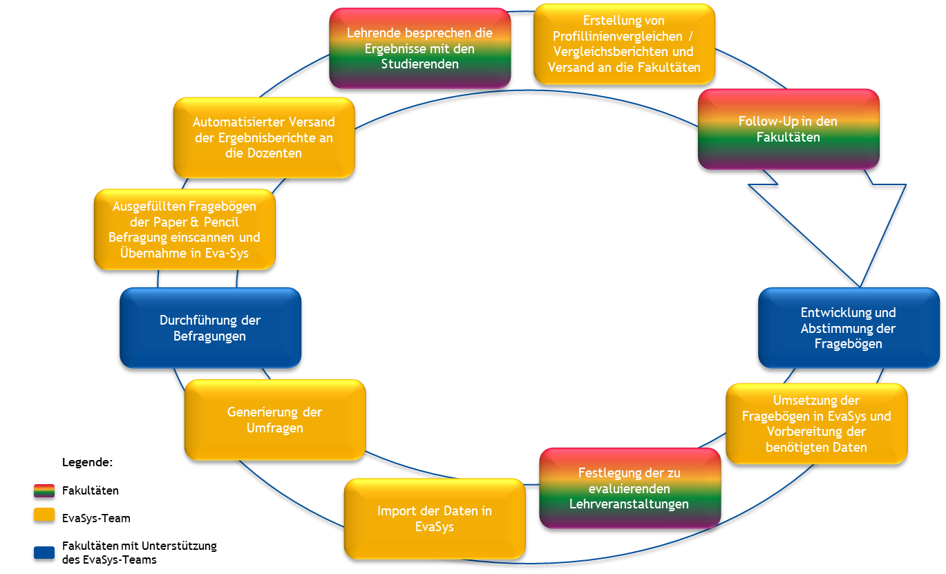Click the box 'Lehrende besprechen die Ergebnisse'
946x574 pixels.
click(x=419, y=48)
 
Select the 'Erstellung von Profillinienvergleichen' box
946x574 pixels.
click(x=624, y=44)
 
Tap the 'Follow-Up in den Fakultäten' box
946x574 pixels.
click(x=788, y=129)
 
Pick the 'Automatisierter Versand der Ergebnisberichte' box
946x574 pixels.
click(x=263, y=137)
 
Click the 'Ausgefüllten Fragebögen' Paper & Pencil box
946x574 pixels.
click(x=184, y=229)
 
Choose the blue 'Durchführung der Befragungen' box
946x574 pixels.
click(x=210, y=328)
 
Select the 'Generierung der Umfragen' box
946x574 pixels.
click(x=274, y=420)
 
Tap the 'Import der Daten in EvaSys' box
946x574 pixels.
click(x=434, y=519)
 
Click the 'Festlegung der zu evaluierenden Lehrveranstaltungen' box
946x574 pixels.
click(x=629, y=488)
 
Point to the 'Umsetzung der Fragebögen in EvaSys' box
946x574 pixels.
click(x=816, y=423)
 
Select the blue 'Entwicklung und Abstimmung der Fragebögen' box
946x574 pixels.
click(x=849, y=328)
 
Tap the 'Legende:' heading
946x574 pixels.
click(x=87, y=461)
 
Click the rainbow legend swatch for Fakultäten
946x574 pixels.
click(x=44, y=492)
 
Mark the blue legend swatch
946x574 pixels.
click(x=44, y=553)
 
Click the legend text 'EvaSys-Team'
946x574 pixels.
click(x=96, y=518)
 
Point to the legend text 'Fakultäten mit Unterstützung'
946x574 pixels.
click(x=139, y=546)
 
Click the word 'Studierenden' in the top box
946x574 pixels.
click(x=419, y=64)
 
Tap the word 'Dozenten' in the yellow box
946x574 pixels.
click(x=274, y=153)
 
